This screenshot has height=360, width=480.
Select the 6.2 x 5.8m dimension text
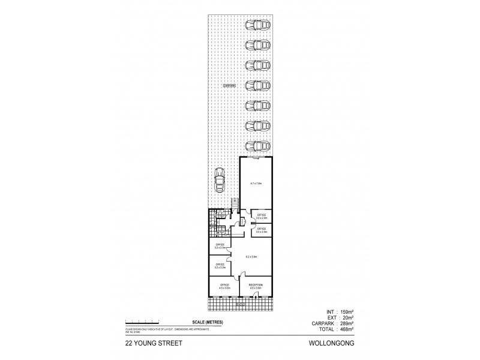click(251, 257)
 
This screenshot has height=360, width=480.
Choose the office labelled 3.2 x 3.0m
click(220, 265)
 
